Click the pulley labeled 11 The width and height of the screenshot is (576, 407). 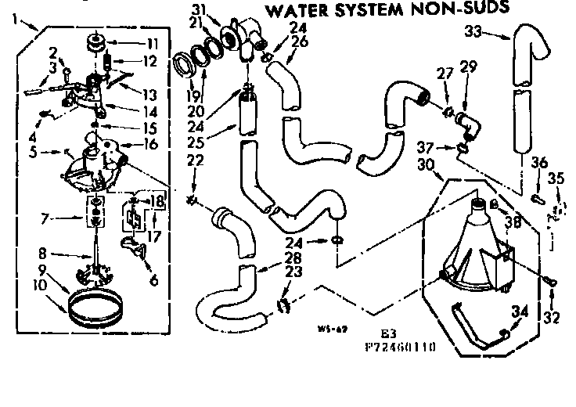[99, 41]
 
